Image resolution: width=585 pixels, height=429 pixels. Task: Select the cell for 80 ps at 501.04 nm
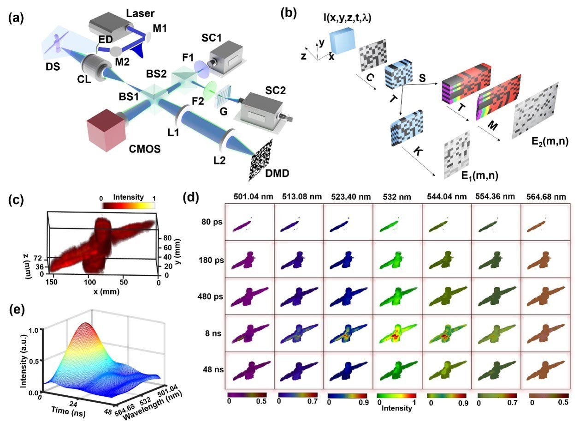click(249, 222)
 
